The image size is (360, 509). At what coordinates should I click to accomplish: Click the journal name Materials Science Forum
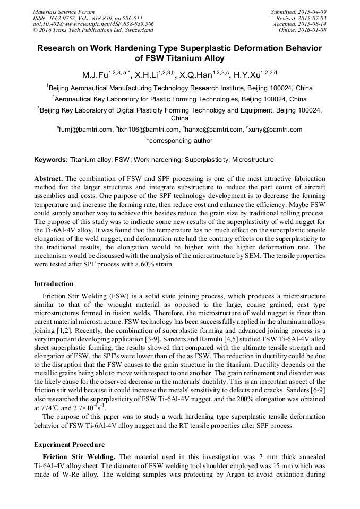click(x=64, y=11)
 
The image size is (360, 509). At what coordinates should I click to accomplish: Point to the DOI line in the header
click(x=93, y=24)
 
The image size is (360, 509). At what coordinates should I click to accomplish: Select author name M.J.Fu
click(x=94, y=74)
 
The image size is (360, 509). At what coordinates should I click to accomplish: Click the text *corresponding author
click(x=179, y=141)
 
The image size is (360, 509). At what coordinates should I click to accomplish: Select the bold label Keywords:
click(x=51, y=160)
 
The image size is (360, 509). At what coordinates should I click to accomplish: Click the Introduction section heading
click(x=54, y=284)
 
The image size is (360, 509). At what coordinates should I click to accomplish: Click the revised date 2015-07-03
click(x=309, y=18)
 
